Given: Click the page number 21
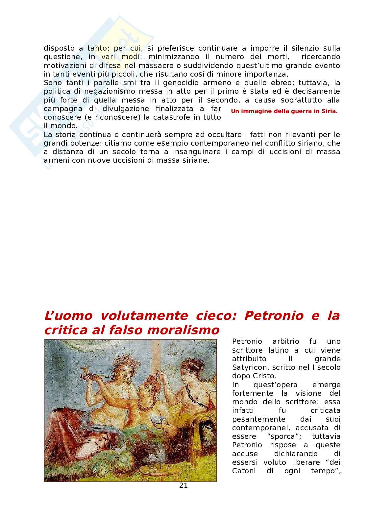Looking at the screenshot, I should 183,485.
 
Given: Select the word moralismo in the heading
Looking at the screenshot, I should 184,330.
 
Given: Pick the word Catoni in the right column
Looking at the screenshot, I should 244,471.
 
